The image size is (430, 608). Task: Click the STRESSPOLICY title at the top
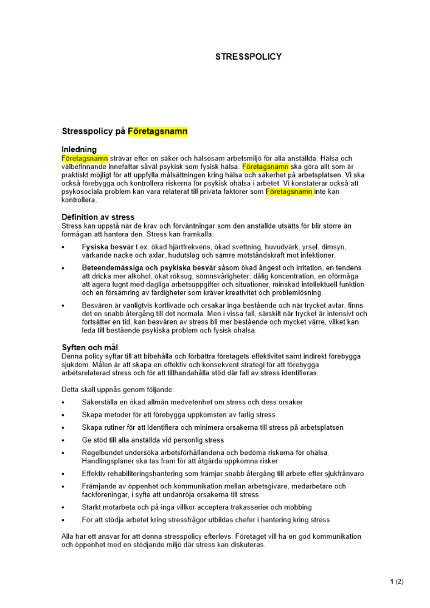pos(248,57)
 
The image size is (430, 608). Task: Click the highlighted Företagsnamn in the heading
pos(158,131)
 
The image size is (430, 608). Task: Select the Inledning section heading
pos(79,150)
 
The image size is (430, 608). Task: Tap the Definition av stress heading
pos(98,217)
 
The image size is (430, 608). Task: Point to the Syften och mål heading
pos(89,347)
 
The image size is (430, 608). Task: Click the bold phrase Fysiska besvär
pos(106,247)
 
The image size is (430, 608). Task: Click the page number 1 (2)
pos(397,581)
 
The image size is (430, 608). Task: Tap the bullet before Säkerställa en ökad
pos(63,402)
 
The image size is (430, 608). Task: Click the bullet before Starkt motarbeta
pos(63,508)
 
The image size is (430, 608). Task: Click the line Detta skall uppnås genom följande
pos(118,389)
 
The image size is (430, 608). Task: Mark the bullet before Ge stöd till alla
pos(63,440)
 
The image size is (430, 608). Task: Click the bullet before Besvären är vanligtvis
pos(63,306)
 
